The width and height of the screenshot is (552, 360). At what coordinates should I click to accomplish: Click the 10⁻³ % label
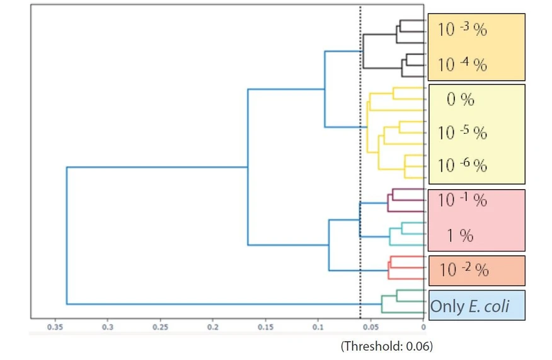click(x=462, y=30)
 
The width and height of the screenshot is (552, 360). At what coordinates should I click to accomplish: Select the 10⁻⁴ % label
click(x=462, y=64)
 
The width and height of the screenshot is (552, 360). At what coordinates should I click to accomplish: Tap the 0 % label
click(x=460, y=100)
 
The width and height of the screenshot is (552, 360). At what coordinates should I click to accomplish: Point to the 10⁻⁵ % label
click(x=462, y=133)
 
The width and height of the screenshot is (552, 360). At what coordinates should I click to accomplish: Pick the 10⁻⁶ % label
click(x=462, y=166)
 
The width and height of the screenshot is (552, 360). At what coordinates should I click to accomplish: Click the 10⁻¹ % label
click(x=462, y=200)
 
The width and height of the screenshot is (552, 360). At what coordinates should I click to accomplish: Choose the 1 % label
click(x=460, y=236)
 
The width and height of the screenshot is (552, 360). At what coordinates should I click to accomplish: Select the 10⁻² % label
click(x=463, y=270)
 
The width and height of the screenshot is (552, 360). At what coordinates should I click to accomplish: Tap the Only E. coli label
click(x=469, y=307)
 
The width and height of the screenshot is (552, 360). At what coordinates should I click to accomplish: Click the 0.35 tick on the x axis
click(x=55, y=327)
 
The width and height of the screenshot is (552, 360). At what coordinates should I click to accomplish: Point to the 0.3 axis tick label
click(x=108, y=327)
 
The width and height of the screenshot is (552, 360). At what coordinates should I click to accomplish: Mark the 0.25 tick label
click(x=161, y=327)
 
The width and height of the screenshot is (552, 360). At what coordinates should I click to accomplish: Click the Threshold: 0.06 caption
click(x=387, y=346)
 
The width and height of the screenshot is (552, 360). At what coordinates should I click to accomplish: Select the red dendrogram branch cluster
click(x=403, y=267)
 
